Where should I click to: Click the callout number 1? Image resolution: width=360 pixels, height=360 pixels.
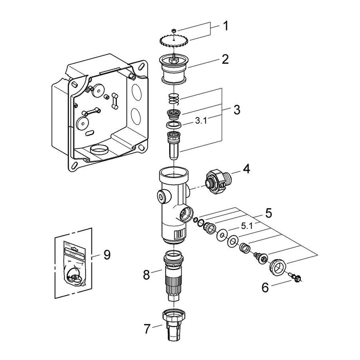tap(226, 26)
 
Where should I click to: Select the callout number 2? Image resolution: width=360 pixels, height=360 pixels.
tap(225, 59)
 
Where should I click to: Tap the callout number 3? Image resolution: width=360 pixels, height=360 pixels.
tap(237, 110)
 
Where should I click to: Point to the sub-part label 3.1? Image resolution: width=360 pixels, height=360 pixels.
tap(201, 121)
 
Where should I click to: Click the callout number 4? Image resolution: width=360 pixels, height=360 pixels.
tap(246, 170)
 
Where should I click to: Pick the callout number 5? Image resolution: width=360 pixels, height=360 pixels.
tap(268, 213)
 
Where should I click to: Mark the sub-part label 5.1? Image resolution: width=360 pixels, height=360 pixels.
tap(247, 227)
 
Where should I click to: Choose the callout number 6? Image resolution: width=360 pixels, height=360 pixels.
tap(265, 287)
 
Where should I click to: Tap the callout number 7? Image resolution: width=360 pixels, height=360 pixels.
tap(147, 329)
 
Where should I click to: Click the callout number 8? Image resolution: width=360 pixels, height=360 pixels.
tap(147, 275)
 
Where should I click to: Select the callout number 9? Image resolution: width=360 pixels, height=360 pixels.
tap(107, 255)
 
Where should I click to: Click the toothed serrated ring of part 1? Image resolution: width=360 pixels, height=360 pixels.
tap(174, 41)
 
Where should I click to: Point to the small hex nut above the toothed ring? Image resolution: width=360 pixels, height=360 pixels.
tap(174, 30)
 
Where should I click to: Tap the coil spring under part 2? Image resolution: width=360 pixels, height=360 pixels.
tap(174, 99)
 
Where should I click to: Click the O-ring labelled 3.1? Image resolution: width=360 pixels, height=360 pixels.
tap(174, 125)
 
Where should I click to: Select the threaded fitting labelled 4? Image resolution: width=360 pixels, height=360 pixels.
tap(218, 182)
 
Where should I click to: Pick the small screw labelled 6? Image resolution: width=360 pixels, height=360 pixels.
tap(296, 277)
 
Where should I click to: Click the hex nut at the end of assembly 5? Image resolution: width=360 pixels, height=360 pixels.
tap(278, 266)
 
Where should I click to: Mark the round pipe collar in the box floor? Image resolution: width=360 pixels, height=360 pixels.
tap(99, 150)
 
